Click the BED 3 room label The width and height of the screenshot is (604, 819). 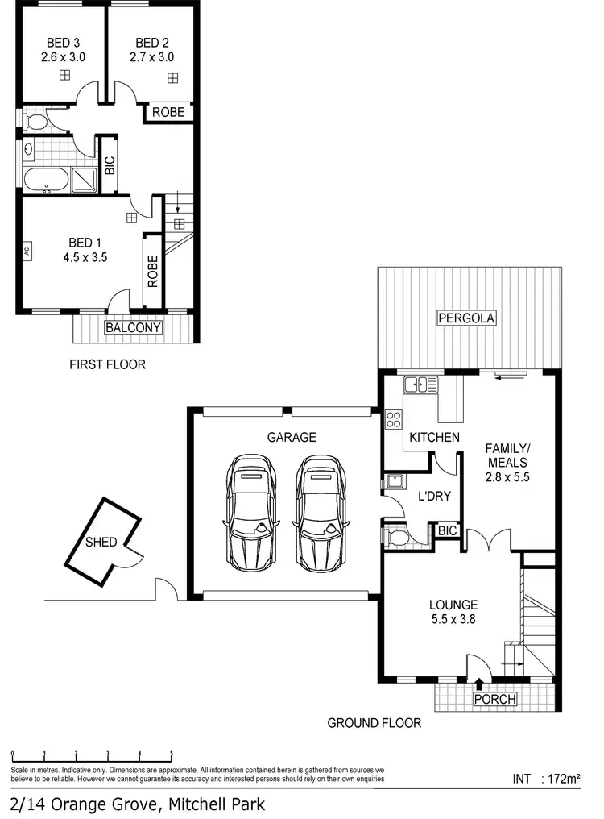[62, 43]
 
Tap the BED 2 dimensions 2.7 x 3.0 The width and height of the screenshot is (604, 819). [152, 57]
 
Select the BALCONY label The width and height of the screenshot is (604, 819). [134, 328]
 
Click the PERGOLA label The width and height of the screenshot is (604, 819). [466, 318]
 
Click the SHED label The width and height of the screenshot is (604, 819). [101, 542]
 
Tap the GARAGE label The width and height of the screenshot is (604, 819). [292, 437]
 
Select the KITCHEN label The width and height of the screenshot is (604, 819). [434, 437]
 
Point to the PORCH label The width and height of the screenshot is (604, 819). [494, 699]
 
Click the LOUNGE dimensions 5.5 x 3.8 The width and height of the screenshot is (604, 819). [453, 620]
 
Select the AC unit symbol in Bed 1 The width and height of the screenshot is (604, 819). [27, 250]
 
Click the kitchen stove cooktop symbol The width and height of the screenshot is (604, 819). [394, 418]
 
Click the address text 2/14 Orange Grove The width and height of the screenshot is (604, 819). [137, 804]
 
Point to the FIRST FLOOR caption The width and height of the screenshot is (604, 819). [107, 364]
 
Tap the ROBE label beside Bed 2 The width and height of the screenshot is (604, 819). [168, 113]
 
